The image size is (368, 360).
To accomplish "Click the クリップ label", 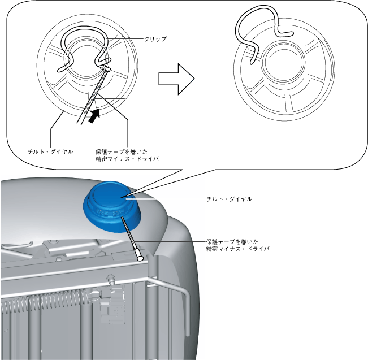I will pyautogui.click(x=155, y=40).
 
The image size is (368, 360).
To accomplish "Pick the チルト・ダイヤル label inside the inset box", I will pyautogui.click(x=50, y=152).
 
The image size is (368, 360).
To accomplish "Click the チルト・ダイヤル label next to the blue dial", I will pyautogui.click(x=229, y=199).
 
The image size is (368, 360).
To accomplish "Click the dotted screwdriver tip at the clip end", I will pyautogui.click(x=105, y=68).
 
